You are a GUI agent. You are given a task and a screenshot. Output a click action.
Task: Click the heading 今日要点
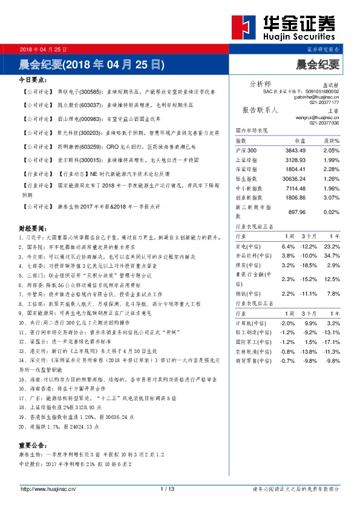click(33, 79)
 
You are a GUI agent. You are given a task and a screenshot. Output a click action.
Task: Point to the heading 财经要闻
click(33, 229)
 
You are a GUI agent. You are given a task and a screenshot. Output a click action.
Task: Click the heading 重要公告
click(33, 446)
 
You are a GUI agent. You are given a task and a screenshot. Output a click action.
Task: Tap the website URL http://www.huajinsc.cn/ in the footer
click(47, 488)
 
